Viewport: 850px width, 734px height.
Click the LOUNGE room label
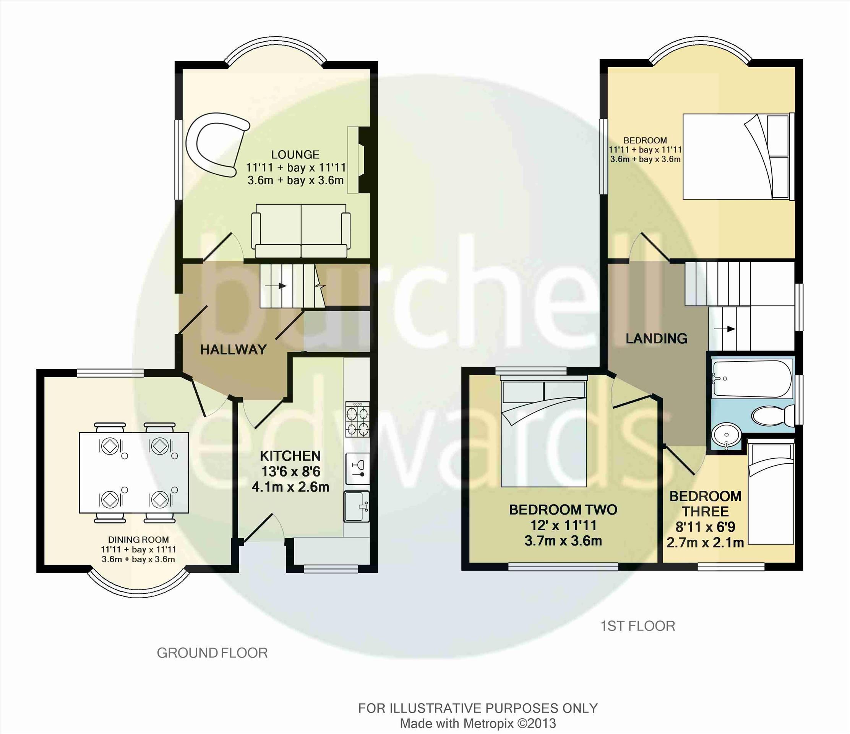coord(295,155)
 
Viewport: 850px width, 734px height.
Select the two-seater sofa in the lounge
coord(301,230)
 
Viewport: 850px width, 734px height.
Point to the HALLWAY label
coord(233,349)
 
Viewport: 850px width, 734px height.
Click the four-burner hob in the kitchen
coord(357,419)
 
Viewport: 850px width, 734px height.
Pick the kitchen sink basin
coord(357,507)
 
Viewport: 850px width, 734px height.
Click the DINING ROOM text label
coord(138,540)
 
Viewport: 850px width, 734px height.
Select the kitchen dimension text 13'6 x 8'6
coord(290,472)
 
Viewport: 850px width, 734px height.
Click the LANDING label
coord(656,338)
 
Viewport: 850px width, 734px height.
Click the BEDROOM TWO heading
coord(563,510)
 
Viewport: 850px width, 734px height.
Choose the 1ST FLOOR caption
coord(638,626)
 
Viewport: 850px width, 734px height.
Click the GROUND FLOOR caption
coord(212,653)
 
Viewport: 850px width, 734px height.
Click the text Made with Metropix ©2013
coord(478,723)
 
